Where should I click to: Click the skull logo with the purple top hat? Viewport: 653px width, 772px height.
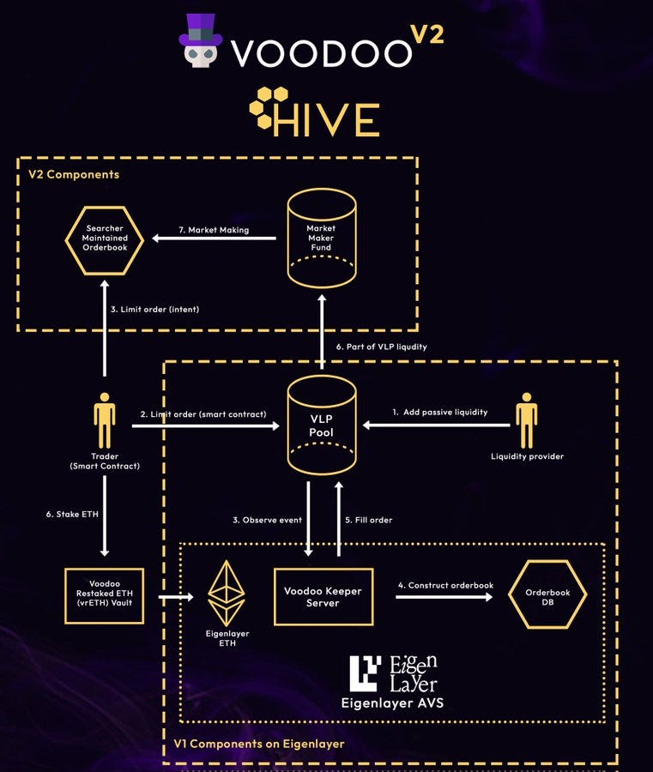tap(201, 41)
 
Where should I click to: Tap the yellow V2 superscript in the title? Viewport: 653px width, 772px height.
tap(427, 34)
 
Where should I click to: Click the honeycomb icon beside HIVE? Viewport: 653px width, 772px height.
tap(268, 108)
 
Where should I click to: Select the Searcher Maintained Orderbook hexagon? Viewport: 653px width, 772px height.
tap(105, 240)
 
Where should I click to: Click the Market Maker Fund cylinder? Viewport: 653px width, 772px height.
tap(322, 238)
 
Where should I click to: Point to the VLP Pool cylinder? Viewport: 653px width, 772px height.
tap(322, 425)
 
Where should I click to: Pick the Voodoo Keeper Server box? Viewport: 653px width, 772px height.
tap(323, 597)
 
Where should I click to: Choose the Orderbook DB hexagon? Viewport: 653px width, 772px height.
tap(547, 594)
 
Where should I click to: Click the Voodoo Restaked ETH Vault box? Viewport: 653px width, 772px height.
tap(105, 596)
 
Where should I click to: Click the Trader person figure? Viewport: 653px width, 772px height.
tap(105, 420)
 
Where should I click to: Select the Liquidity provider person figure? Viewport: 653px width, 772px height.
tap(527, 420)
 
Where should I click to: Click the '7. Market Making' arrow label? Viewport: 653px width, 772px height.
tap(214, 230)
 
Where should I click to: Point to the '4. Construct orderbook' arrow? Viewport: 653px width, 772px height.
tap(444, 597)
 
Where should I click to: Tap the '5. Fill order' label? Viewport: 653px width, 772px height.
tap(369, 520)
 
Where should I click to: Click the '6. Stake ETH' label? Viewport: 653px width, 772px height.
tap(72, 514)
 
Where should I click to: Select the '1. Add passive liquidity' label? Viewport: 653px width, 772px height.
tap(439, 412)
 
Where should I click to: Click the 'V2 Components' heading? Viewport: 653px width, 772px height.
tap(74, 174)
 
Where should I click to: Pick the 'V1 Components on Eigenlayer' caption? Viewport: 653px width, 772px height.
tap(259, 744)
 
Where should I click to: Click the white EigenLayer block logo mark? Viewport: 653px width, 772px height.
tap(365, 673)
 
